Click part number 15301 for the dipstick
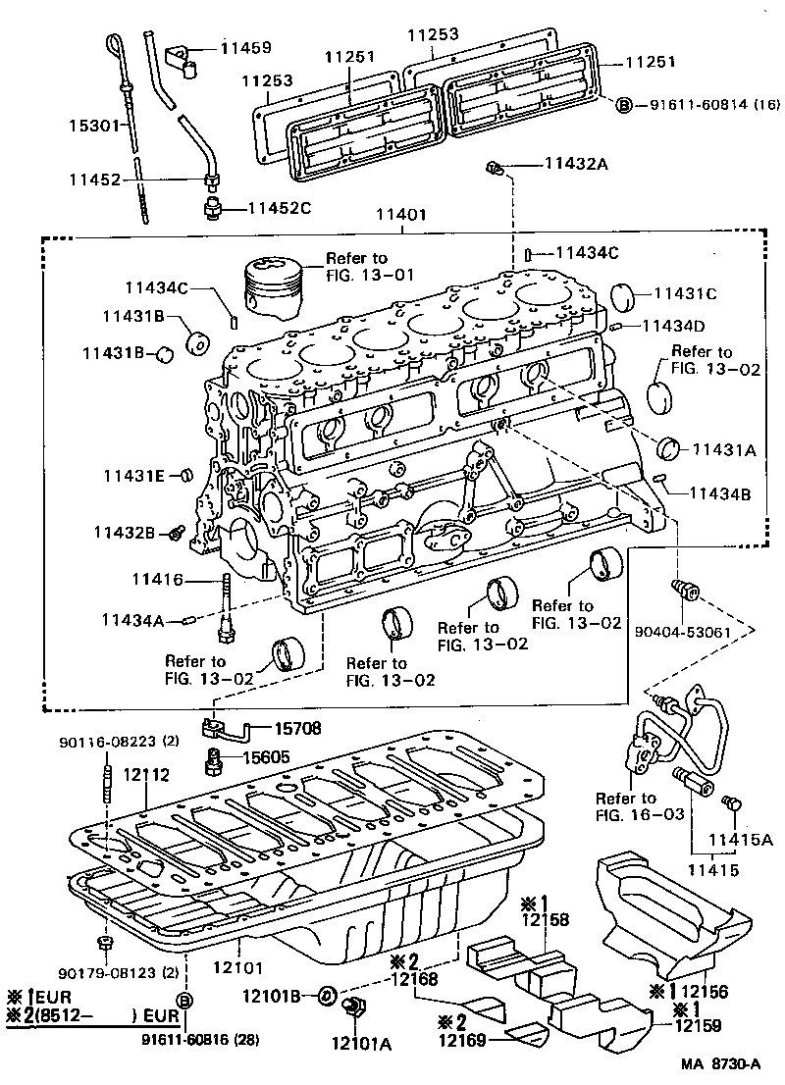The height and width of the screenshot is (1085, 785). [x=91, y=127]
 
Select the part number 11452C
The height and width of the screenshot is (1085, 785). [x=279, y=208]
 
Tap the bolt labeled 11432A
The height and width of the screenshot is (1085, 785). [x=495, y=169]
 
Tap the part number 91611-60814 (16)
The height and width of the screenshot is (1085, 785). [x=711, y=104]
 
